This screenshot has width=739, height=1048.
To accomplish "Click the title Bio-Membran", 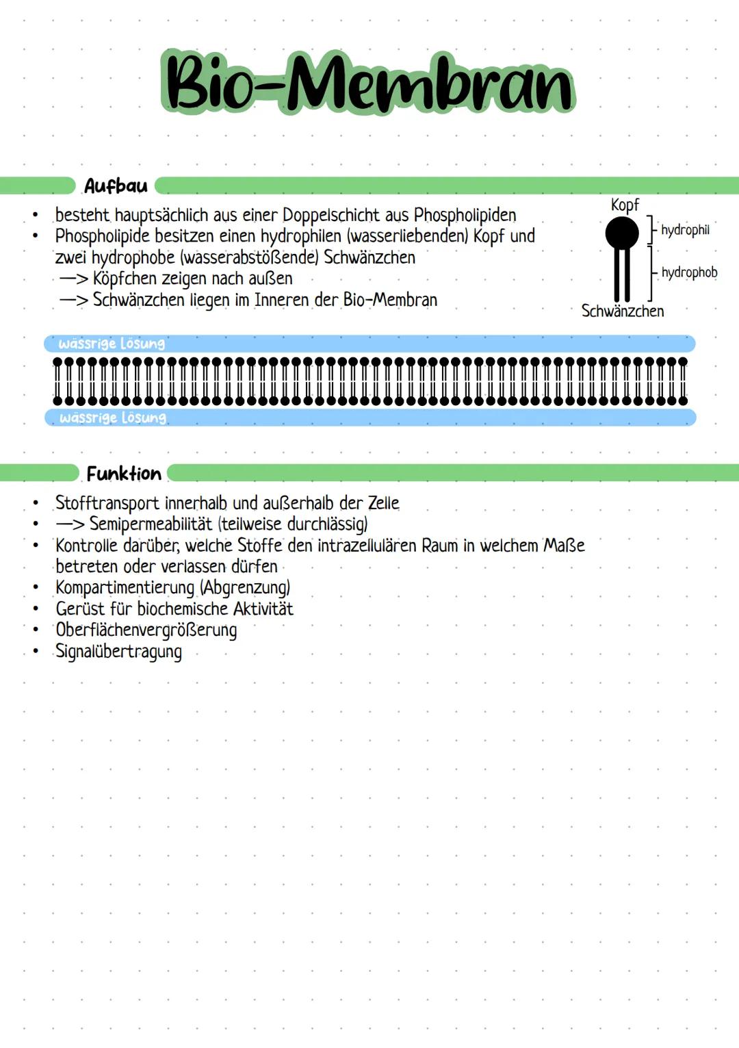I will (x=368, y=83).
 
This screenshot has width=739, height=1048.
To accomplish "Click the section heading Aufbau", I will (x=116, y=186).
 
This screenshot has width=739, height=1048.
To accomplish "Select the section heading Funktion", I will (x=124, y=474).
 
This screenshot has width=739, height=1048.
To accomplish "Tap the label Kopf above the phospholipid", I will (x=624, y=205).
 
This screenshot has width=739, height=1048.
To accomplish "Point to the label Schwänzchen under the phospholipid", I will (x=622, y=311).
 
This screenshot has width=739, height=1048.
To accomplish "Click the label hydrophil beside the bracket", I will (x=685, y=230).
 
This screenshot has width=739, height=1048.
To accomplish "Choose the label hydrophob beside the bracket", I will (x=689, y=272).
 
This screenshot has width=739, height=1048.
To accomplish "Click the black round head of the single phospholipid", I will (x=622, y=233).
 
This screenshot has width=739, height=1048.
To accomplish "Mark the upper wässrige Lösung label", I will (x=112, y=344).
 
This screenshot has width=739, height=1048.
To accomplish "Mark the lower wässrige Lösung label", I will (x=113, y=418).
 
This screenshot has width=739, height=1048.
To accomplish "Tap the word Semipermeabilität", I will (x=151, y=524).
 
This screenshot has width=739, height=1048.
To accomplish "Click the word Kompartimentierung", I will (x=125, y=588).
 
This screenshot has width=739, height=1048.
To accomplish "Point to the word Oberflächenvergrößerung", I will (x=146, y=630).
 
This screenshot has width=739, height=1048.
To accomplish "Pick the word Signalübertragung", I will (x=118, y=652).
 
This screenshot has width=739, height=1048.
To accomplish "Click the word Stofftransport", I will (x=107, y=503).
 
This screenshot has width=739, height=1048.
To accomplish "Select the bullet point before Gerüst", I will (x=36, y=609).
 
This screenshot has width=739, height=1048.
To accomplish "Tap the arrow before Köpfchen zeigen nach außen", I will (x=73, y=279).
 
